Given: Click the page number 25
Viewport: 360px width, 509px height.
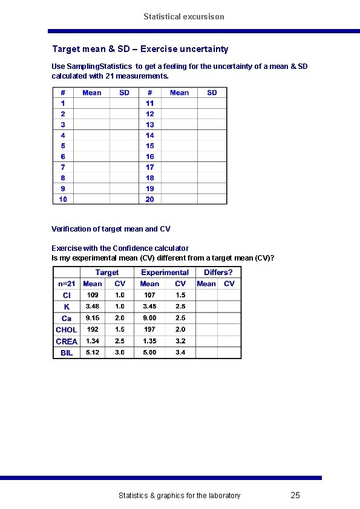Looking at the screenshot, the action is (295, 496).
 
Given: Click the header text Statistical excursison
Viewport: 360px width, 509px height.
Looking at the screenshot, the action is (183, 16).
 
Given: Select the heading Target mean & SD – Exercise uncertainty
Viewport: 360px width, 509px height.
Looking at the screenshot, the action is (140, 48).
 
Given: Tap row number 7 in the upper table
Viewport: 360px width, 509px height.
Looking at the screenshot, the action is (63, 167).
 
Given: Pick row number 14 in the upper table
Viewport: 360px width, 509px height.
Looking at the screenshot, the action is (149, 135).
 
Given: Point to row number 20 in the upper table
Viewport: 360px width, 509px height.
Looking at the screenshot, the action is (149, 199).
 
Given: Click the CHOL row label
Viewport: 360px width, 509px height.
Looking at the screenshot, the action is (66, 329).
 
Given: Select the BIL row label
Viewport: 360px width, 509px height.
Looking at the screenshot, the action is (67, 352).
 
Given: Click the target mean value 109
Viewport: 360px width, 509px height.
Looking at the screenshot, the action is (93, 295).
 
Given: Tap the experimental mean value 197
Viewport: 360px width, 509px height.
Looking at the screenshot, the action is (149, 329).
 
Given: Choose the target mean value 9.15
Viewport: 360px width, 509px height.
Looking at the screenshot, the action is (93, 318).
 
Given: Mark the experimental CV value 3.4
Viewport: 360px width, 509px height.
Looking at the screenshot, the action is (180, 352).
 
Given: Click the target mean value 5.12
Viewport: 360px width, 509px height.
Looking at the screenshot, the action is (93, 352).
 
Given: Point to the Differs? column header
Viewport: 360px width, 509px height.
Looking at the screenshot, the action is (218, 273).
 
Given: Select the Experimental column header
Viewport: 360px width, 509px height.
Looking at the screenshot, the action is (165, 273).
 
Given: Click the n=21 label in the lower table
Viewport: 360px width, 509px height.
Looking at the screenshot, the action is (67, 284).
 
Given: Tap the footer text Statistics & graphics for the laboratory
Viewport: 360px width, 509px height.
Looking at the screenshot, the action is (179, 496).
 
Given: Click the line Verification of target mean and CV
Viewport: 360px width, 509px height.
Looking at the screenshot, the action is (111, 229).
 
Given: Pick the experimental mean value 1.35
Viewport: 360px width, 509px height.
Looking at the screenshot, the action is (149, 341).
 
